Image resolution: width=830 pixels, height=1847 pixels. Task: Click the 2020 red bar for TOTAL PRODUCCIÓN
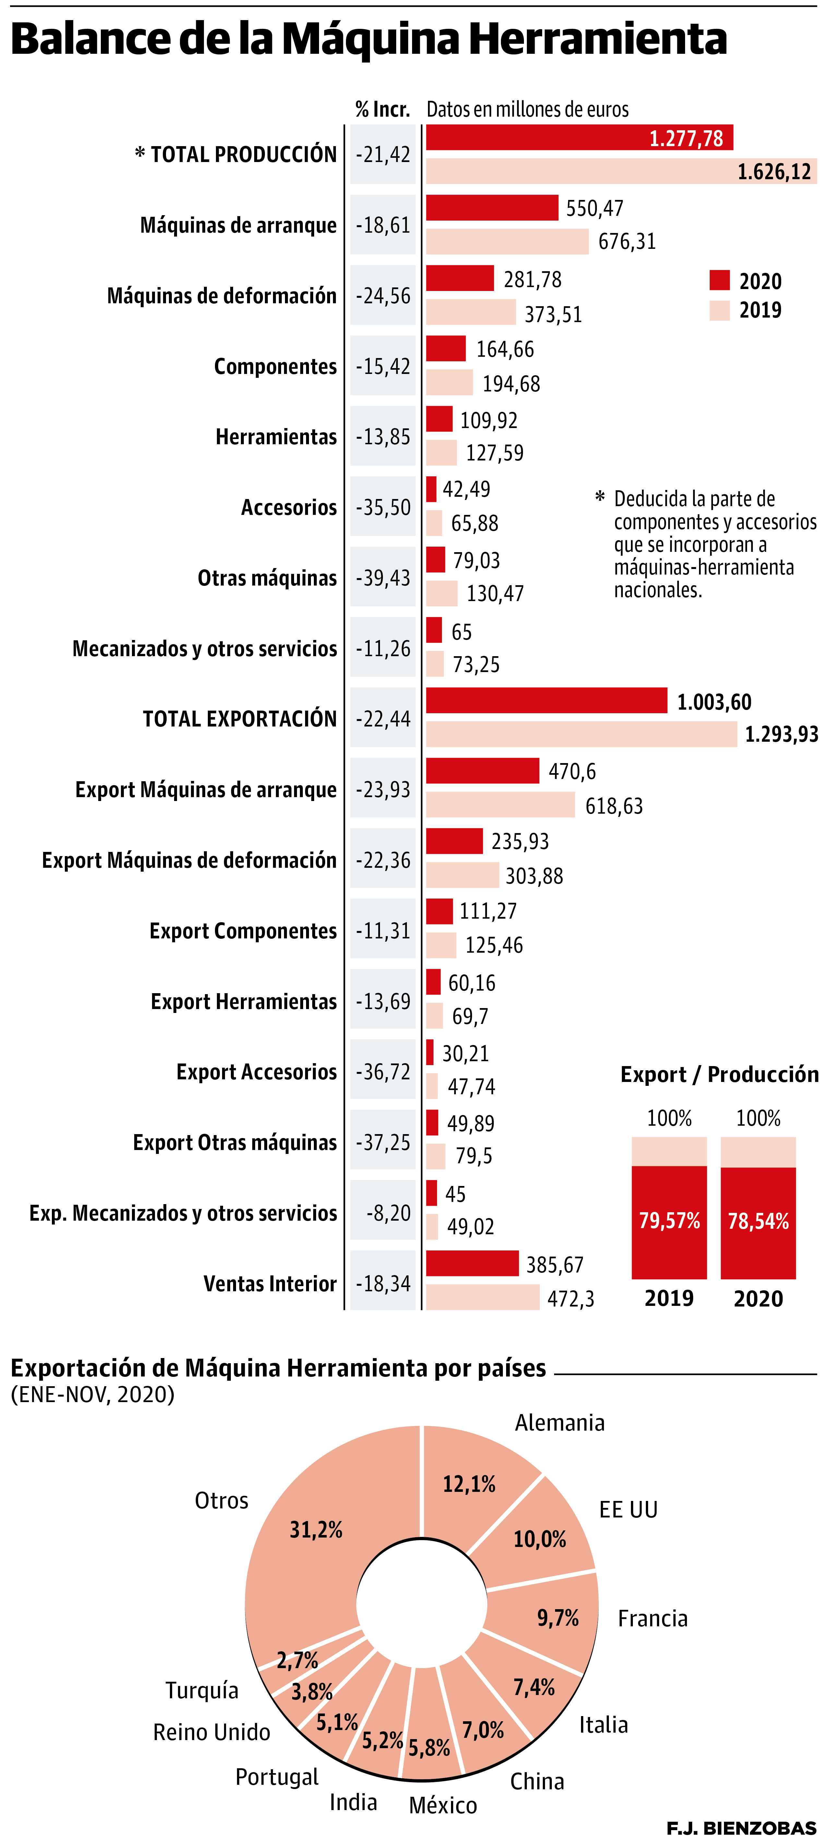pyautogui.click(x=579, y=138)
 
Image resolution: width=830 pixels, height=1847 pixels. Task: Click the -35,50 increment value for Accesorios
pyautogui.click(x=383, y=508)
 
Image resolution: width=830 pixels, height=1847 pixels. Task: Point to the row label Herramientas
pyautogui.click(x=276, y=437)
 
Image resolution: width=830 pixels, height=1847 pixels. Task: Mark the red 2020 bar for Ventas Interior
pyautogui.click(x=472, y=1263)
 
